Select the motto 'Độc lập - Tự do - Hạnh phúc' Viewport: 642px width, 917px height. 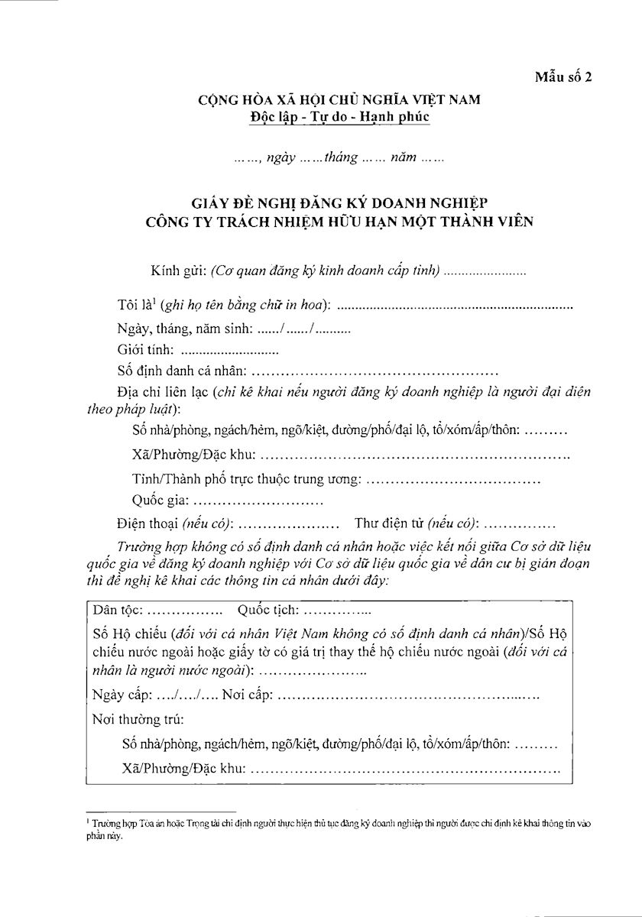click(x=340, y=117)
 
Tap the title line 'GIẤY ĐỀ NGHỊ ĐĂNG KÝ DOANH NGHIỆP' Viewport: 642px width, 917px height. click(x=340, y=203)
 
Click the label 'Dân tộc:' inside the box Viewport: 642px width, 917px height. click(x=115, y=610)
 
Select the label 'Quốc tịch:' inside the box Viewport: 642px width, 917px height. click(x=268, y=610)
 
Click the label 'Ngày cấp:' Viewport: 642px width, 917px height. click(x=121, y=695)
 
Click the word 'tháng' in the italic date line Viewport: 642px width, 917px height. click(x=341, y=158)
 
